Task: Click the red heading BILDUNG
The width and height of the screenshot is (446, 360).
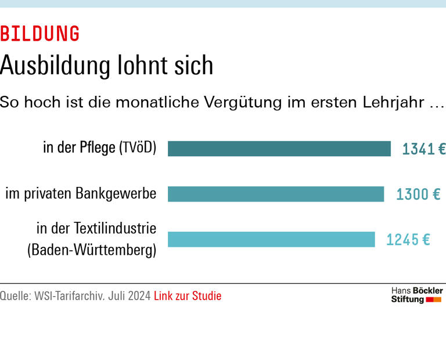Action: [x=40, y=34]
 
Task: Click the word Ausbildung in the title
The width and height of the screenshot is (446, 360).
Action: [x=56, y=66]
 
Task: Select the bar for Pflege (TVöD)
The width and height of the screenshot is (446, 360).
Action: [x=279, y=149]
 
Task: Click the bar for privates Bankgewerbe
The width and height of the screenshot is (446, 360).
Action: [x=276, y=194]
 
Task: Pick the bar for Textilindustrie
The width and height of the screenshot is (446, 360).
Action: [x=271, y=239]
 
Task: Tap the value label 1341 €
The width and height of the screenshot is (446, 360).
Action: [x=424, y=149]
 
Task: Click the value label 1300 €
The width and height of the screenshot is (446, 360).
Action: [x=418, y=195]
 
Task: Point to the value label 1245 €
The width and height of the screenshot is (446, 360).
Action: [x=408, y=239]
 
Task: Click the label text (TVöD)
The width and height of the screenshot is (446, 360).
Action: [x=138, y=147]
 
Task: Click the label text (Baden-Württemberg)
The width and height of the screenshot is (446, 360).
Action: [x=92, y=251]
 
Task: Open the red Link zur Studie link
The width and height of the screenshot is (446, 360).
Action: [x=188, y=296]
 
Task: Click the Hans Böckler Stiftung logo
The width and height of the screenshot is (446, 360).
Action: [x=416, y=295]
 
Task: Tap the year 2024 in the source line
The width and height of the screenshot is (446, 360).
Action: [x=139, y=296]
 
